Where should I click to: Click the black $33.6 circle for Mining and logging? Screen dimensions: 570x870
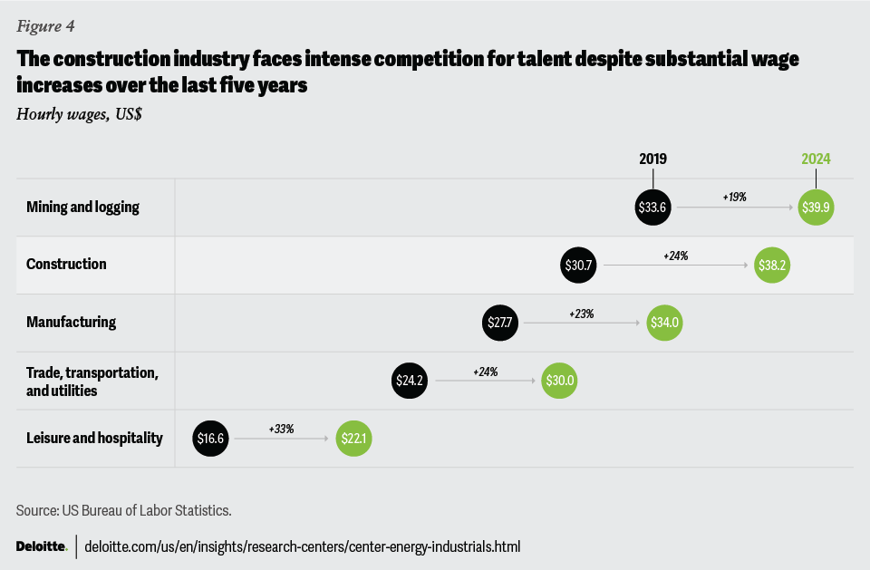[x=652, y=207]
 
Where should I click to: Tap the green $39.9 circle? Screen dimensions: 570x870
[x=816, y=207]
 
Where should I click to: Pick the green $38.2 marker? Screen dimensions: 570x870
[x=771, y=265]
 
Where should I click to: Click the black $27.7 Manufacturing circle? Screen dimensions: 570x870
[x=500, y=323]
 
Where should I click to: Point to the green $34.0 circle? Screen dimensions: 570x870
[x=663, y=323]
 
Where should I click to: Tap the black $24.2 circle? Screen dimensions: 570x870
[x=410, y=381]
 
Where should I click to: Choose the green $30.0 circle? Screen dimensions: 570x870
[x=558, y=381]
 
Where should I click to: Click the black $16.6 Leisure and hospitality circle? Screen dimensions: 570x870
[x=210, y=439]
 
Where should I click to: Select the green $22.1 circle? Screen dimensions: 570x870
[x=353, y=439]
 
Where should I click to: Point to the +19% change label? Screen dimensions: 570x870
[x=734, y=197]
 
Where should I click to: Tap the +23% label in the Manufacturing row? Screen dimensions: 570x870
[x=581, y=314]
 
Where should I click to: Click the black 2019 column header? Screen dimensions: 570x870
[x=652, y=159]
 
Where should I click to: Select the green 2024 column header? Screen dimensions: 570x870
[x=816, y=159]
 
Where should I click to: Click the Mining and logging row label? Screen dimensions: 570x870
[x=82, y=207]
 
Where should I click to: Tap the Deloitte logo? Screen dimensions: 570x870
[x=42, y=546]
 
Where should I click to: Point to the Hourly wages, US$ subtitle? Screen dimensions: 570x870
[x=79, y=113]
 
